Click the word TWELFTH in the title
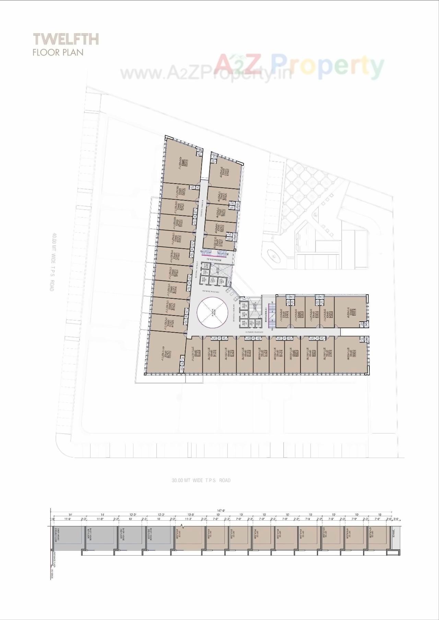(x=66, y=39)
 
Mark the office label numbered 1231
(x=221, y=244)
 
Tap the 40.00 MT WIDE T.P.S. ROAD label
(x=52, y=262)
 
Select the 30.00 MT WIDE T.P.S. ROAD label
(x=201, y=480)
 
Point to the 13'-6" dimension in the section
(x=190, y=514)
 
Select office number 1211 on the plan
(x=265, y=353)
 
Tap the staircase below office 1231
(x=214, y=253)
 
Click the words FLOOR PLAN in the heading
(x=58, y=52)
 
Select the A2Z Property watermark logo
(x=298, y=65)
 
